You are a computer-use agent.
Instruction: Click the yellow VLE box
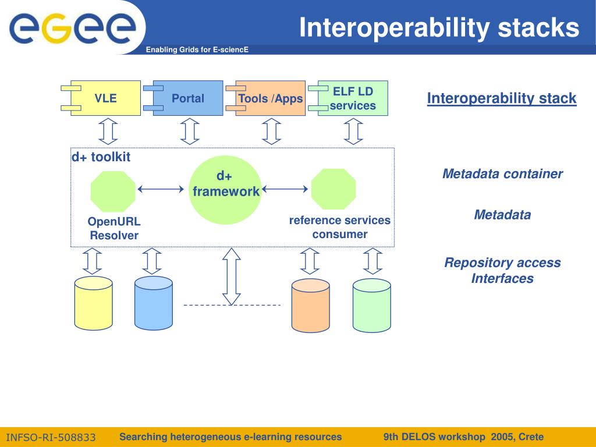105,98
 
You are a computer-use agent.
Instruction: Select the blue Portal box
187,98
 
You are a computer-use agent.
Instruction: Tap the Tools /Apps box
270,98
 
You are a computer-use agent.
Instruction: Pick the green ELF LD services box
352,98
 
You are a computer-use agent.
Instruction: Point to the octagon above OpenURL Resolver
113,191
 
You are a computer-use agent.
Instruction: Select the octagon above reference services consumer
333,189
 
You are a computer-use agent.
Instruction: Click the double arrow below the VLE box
108,132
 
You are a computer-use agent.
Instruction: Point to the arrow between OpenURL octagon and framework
161,189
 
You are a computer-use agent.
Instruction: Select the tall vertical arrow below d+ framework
232,276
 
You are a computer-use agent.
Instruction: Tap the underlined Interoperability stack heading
502,98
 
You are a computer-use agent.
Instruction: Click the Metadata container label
502,174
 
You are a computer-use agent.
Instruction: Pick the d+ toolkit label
101,157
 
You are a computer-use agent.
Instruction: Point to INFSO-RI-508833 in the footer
51,437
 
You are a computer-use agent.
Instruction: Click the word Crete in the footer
531,437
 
